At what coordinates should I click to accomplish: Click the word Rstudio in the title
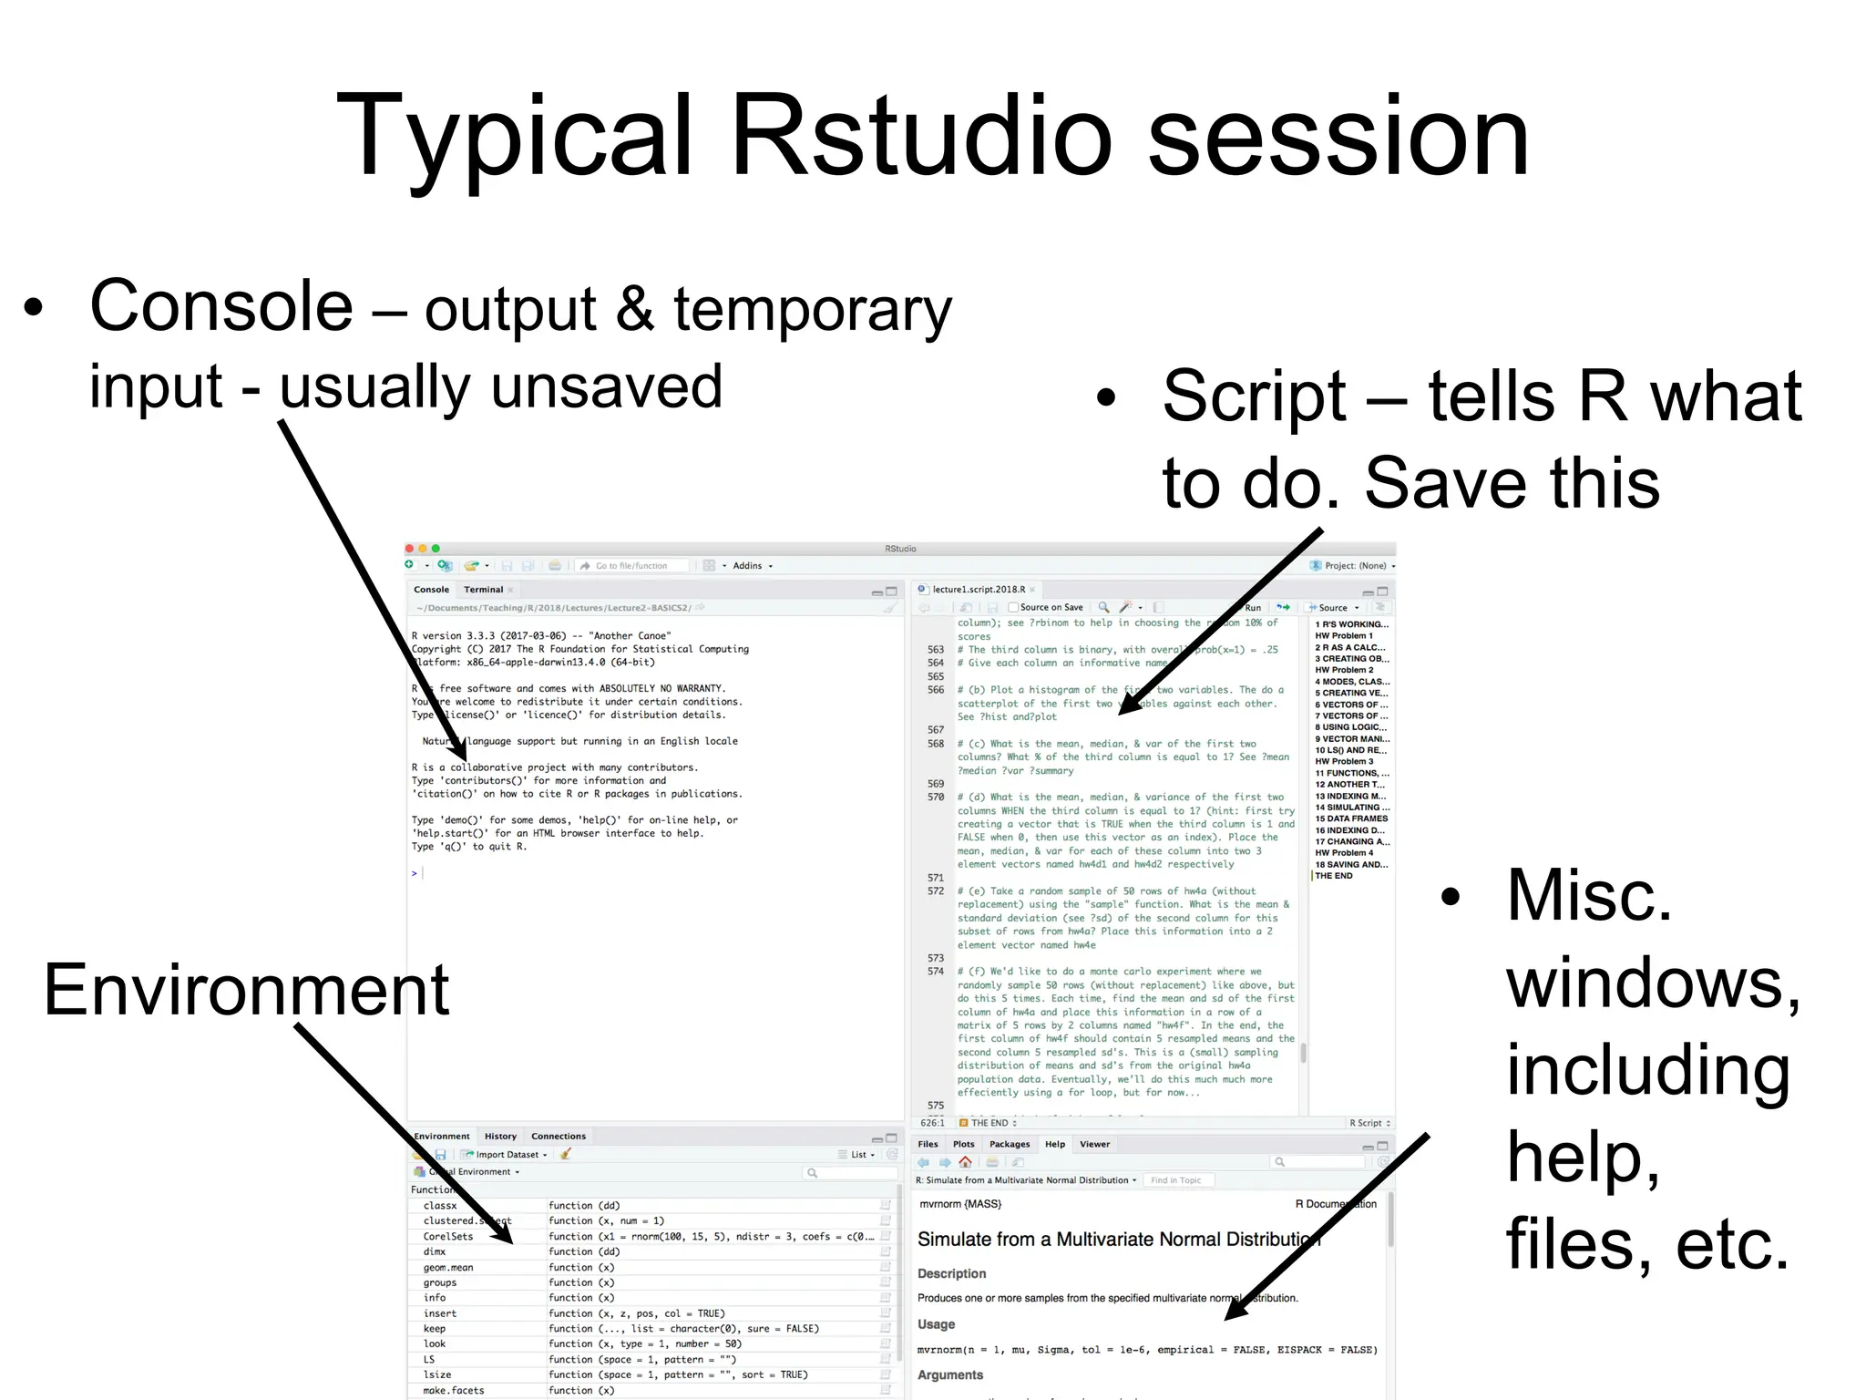click(x=921, y=137)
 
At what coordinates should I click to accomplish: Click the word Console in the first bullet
click(x=221, y=306)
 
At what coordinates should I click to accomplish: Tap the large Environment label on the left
click(x=246, y=991)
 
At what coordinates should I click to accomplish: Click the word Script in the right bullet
click(x=1254, y=396)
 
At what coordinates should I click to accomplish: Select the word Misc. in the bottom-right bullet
click(x=1589, y=896)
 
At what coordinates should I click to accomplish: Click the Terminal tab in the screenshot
click(x=483, y=590)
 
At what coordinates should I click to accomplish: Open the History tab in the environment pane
click(x=500, y=1137)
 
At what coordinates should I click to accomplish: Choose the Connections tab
click(x=559, y=1137)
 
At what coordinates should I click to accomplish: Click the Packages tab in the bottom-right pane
click(x=1010, y=1145)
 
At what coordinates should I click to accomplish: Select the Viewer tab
click(x=1094, y=1145)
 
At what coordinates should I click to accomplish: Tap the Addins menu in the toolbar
click(x=749, y=566)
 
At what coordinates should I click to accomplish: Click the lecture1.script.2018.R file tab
click(x=979, y=590)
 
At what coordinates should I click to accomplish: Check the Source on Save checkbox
click(x=1012, y=608)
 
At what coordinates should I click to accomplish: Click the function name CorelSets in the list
click(x=448, y=1237)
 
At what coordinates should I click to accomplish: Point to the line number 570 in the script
click(x=936, y=798)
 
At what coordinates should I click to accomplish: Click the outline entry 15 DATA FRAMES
click(x=1351, y=818)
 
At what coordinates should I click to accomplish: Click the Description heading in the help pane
click(x=951, y=1274)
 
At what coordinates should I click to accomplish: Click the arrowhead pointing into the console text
click(x=459, y=753)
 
